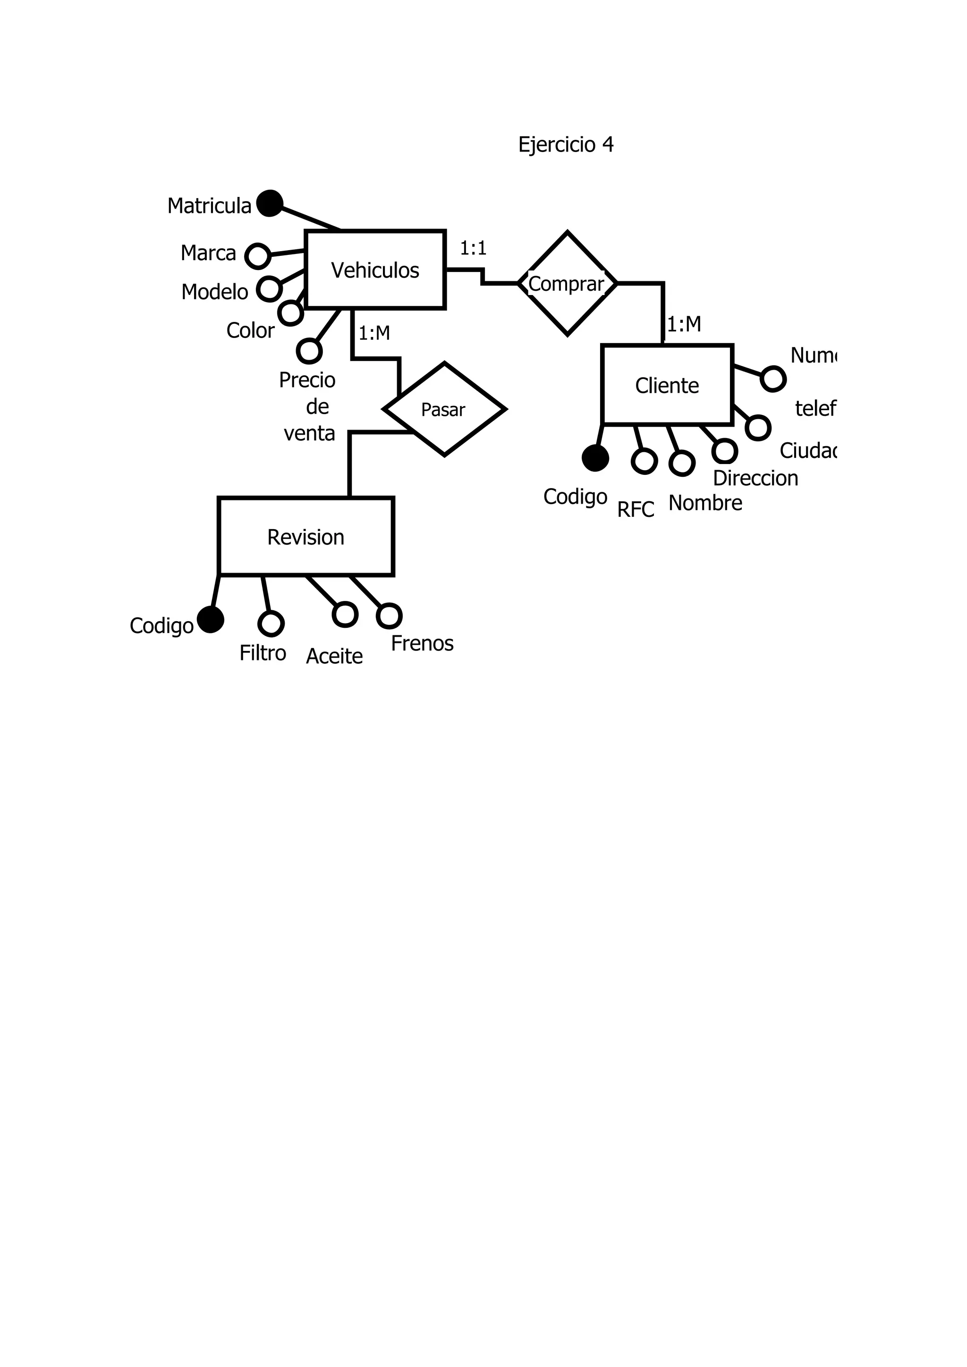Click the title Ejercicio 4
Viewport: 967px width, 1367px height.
point(565,145)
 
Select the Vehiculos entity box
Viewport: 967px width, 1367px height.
point(374,270)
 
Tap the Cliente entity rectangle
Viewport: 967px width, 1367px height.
point(667,385)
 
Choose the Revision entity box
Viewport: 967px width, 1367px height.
point(305,536)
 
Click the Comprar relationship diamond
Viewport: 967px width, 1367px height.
point(567,283)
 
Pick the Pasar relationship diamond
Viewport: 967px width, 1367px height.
point(444,410)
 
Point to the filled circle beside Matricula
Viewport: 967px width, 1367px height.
point(270,203)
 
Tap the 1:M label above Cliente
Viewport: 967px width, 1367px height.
point(684,324)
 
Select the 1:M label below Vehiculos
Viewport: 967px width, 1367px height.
point(374,333)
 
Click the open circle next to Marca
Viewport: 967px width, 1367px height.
point(258,256)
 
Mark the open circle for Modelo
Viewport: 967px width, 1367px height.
point(269,289)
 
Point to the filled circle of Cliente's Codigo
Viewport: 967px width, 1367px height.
point(595,458)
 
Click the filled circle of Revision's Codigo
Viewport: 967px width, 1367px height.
point(210,620)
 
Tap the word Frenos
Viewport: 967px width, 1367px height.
point(422,643)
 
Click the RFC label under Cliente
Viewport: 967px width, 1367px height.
point(636,510)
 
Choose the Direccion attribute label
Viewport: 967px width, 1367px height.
point(755,478)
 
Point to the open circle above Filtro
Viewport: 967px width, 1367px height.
point(271,624)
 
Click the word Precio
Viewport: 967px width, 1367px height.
point(307,380)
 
